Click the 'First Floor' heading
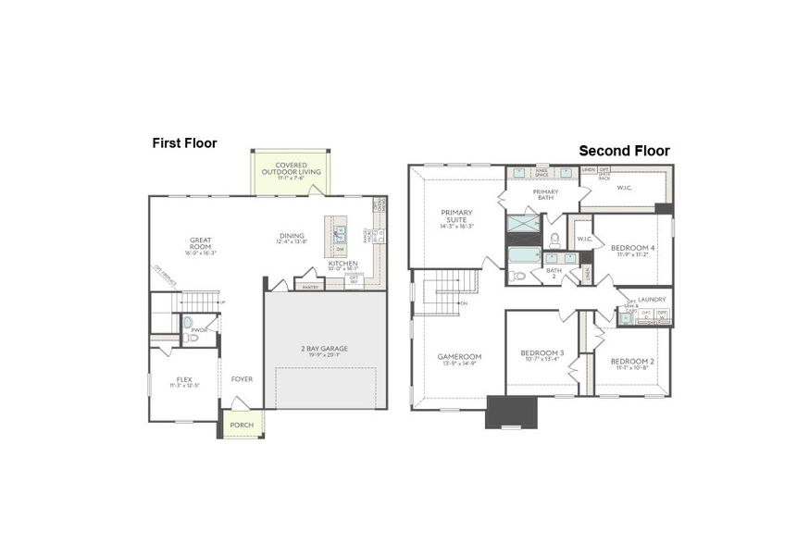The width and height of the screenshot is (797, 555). [x=184, y=143]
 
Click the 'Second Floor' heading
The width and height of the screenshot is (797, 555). [x=624, y=151]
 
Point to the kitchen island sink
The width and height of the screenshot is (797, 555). [x=340, y=234]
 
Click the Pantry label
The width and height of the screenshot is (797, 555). [x=310, y=287]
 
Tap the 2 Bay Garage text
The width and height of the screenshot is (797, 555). [x=325, y=348]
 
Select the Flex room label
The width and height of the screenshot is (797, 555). [x=184, y=379]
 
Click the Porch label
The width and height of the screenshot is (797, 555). [x=242, y=425]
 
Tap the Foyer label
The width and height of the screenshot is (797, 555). [x=242, y=379]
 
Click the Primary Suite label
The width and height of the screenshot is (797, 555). [x=455, y=216]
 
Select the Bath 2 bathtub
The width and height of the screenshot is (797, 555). [x=523, y=256]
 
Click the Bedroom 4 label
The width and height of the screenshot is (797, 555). [x=632, y=248]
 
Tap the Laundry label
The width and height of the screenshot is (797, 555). [x=653, y=300]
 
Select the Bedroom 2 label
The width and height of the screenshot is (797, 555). [x=632, y=362]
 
